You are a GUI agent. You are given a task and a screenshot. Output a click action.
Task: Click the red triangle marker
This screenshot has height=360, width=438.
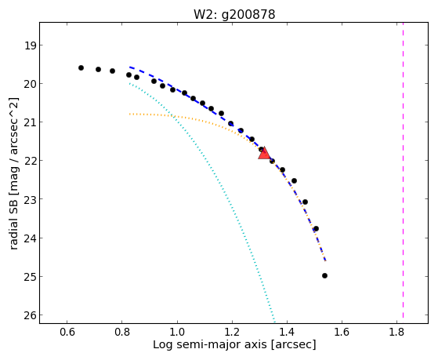(264, 153)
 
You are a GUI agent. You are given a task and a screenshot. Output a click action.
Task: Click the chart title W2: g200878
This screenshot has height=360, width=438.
(234, 15)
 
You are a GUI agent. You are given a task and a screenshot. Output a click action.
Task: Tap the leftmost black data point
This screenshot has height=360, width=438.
(81, 67)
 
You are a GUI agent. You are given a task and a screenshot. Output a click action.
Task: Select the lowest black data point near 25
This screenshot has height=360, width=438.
(324, 275)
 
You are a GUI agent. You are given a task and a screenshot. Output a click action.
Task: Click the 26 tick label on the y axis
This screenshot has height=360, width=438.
(31, 315)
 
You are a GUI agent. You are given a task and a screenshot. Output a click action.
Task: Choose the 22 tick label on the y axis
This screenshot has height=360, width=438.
(31, 160)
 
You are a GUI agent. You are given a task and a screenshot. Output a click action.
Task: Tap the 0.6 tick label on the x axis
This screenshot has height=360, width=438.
(67, 332)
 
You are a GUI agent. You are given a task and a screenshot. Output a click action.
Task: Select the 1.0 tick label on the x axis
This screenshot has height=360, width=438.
(177, 332)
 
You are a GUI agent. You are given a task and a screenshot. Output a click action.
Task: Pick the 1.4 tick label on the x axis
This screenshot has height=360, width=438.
(287, 332)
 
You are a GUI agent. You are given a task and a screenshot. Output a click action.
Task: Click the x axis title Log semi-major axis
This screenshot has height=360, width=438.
(210, 344)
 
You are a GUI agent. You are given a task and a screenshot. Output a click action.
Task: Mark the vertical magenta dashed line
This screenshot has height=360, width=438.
(403, 170)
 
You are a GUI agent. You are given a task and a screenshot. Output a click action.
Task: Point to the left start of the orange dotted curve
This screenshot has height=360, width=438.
(129, 114)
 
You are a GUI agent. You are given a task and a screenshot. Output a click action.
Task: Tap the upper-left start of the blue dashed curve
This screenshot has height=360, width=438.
(130, 67)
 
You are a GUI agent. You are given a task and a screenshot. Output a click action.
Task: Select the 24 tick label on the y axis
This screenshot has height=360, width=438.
(31, 238)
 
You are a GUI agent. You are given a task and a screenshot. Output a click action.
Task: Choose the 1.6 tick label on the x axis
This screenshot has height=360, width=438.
(342, 332)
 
